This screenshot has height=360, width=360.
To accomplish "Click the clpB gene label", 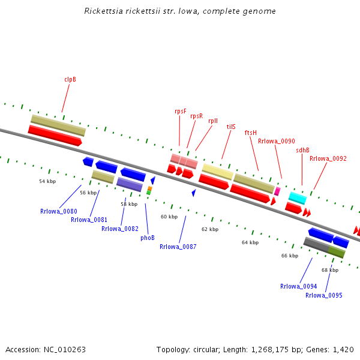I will (70, 79).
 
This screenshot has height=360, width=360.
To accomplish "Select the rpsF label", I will (181, 111).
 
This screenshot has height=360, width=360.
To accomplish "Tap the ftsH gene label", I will (250, 133).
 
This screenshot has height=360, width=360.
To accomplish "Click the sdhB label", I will (302, 150).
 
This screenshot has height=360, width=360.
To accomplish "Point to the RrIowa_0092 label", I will (328, 158).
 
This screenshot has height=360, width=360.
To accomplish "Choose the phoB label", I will (148, 238).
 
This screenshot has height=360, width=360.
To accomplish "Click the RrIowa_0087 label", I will (178, 247).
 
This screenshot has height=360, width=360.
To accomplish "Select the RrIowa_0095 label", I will (323, 295).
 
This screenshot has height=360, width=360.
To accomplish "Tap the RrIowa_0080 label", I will (59, 211).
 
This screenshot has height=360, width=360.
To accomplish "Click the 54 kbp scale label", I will (47, 181).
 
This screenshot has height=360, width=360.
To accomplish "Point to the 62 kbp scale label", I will (210, 229).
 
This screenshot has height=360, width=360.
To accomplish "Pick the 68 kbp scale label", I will (330, 270).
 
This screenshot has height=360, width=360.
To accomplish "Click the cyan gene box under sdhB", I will (298, 197).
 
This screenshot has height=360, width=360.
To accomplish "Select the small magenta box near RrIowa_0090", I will (277, 191).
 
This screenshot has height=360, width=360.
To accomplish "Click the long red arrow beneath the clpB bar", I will (55, 135).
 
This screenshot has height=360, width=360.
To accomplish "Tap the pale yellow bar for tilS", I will (217, 172).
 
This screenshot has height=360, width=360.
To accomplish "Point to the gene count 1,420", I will (343, 349).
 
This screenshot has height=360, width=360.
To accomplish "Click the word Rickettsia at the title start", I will (103, 11).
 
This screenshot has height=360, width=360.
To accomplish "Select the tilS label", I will (231, 127).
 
